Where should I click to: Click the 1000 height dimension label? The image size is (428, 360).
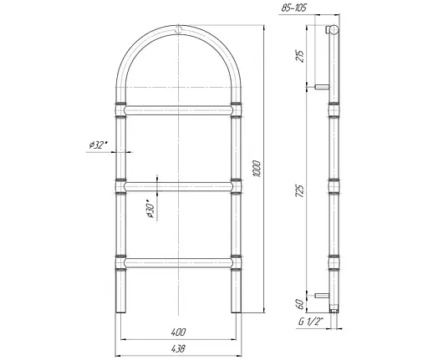(257, 169)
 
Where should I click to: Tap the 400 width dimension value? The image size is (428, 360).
(178, 332)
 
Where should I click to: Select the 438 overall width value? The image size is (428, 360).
(178, 348)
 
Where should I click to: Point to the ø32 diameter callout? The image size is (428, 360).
(98, 145)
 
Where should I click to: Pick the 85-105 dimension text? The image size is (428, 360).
(293, 8)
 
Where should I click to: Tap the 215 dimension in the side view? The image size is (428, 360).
(300, 56)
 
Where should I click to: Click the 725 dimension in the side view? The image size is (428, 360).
(300, 190)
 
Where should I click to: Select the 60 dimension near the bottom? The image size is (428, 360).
(300, 304)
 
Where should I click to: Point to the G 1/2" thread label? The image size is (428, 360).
(310, 322)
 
